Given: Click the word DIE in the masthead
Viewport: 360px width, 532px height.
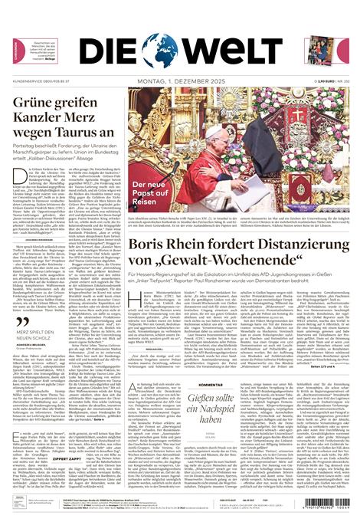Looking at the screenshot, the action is click(107, 51).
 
